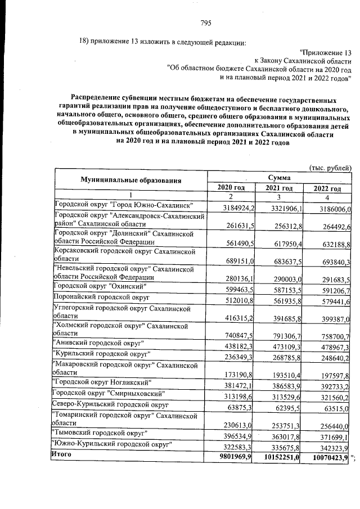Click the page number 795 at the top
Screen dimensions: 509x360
205,23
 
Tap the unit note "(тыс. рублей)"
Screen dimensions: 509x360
331,168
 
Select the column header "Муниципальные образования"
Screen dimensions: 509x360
130,180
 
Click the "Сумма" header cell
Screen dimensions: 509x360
280,176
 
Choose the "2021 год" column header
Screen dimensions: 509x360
280,188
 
